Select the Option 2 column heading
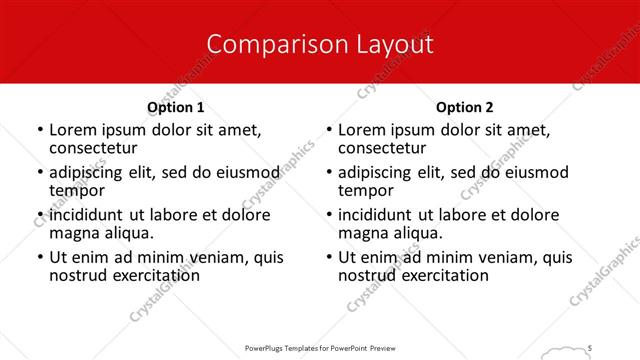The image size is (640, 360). (465, 107)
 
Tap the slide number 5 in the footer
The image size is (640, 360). (591, 347)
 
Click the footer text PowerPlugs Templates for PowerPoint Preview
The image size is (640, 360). (319, 347)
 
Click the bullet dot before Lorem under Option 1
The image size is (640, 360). (39, 130)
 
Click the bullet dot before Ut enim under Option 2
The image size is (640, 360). (328, 257)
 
